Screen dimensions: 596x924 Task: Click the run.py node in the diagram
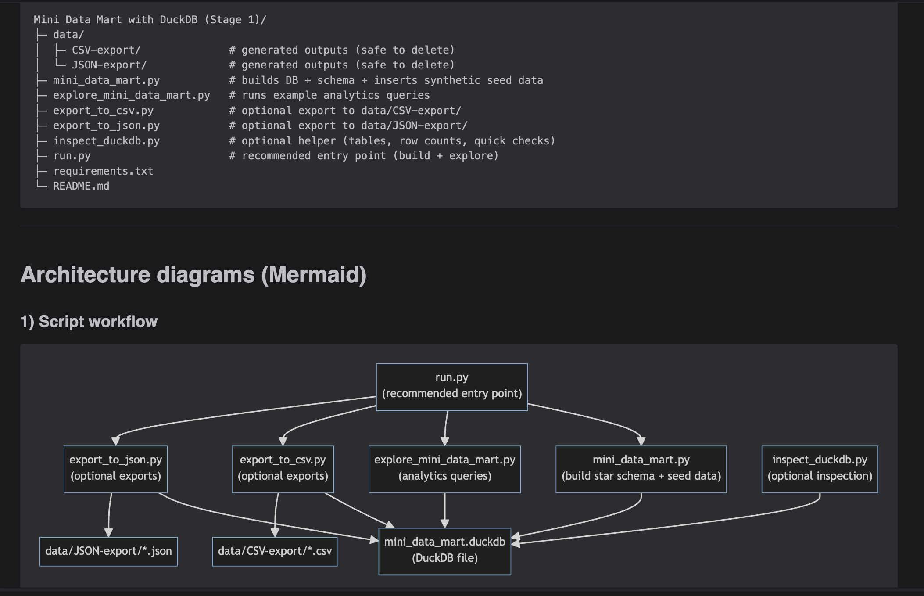[451, 387]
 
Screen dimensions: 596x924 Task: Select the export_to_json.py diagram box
[115, 469]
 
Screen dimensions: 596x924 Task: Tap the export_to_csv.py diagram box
[283, 469]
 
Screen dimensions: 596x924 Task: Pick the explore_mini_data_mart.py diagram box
[444, 469]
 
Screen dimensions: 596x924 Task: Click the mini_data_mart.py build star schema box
[641, 469]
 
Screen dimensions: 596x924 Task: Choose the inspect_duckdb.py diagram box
[819, 469]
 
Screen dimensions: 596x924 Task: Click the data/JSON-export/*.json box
[108, 551]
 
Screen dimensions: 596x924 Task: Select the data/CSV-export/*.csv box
[275, 551]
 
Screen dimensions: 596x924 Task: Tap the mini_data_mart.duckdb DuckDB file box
[444, 551]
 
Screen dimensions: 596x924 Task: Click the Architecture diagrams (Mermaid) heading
[193, 275]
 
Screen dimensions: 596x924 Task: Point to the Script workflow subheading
[89, 321]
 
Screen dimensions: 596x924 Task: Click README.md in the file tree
[81, 186]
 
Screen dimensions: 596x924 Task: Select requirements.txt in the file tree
[103, 171]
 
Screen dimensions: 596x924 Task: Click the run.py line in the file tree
[72, 156]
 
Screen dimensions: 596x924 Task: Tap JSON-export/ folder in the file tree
[109, 65]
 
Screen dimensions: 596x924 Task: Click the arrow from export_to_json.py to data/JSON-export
[109, 513]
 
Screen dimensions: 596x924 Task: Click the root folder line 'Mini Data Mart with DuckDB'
[150, 20]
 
